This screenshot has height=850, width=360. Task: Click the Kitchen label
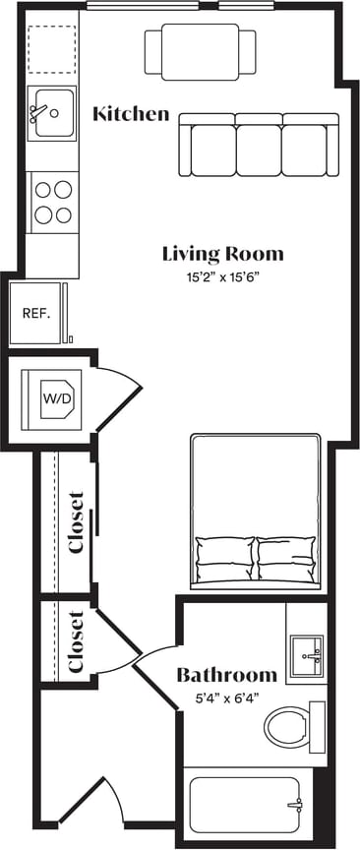click(130, 114)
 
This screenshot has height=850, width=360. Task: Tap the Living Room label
click(222, 254)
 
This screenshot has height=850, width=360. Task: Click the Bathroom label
click(226, 675)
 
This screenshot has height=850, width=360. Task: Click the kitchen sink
click(51, 113)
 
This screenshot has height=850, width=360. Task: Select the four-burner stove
click(52, 201)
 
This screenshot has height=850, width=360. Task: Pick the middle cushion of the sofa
click(258, 145)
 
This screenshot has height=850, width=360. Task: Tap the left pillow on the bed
click(224, 557)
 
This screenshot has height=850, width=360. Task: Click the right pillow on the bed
click(286, 557)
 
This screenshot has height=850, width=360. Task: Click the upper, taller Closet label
click(78, 521)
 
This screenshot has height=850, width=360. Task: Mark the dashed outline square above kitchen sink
click(51, 49)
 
